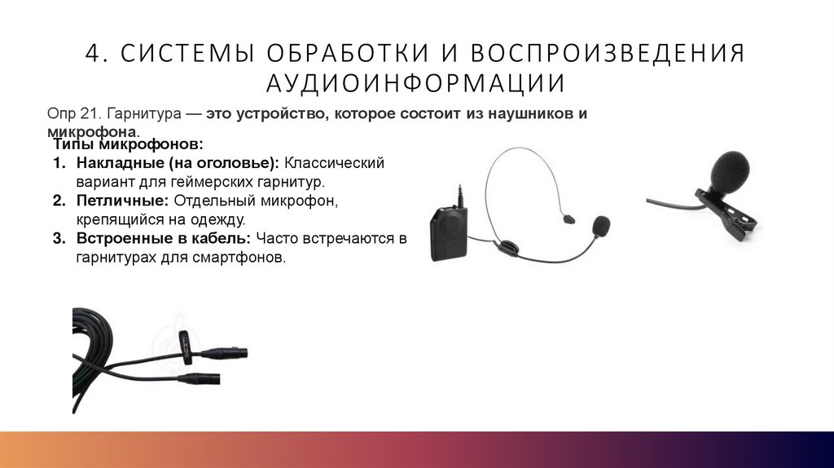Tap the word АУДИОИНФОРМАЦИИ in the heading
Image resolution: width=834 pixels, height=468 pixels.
[x=416, y=83]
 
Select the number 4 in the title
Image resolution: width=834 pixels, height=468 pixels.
[x=93, y=53]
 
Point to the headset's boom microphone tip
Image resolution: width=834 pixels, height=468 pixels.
[x=601, y=224]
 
